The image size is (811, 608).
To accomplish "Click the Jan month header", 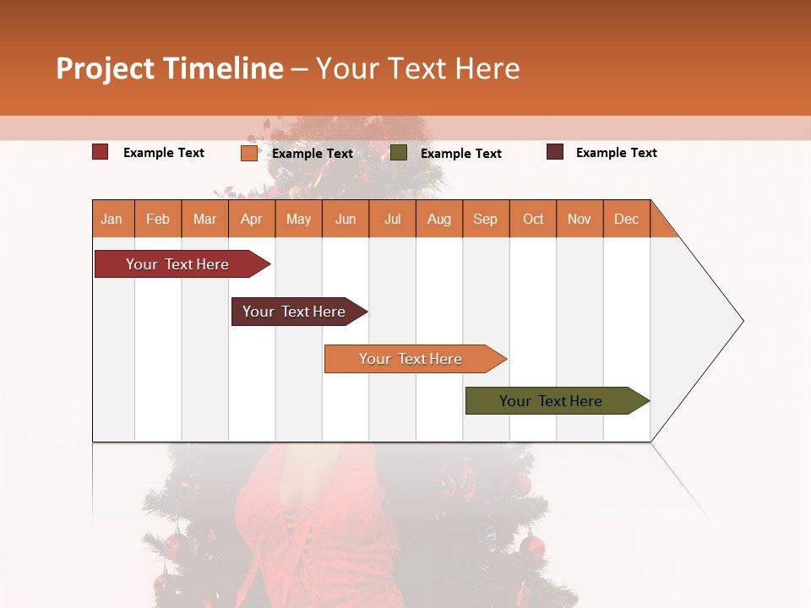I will (112, 219).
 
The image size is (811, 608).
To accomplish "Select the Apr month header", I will (252, 219).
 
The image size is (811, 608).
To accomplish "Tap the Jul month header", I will (392, 219).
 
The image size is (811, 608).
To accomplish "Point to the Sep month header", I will (486, 219).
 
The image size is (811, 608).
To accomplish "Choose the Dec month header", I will (626, 219).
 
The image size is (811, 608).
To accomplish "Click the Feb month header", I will (158, 219).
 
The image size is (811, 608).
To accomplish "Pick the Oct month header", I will (533, 219).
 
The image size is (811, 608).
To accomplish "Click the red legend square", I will (101, 152).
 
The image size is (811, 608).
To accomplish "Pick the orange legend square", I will (249, 153).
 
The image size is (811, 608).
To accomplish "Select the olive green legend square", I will (399, 153).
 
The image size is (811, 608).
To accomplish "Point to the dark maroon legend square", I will (555, 152).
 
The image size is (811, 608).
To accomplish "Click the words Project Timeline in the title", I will (170, 68).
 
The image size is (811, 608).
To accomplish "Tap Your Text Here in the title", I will (418, 68).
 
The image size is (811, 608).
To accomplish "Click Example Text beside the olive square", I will (461, 154).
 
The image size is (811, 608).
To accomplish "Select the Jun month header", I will (346, 219).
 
